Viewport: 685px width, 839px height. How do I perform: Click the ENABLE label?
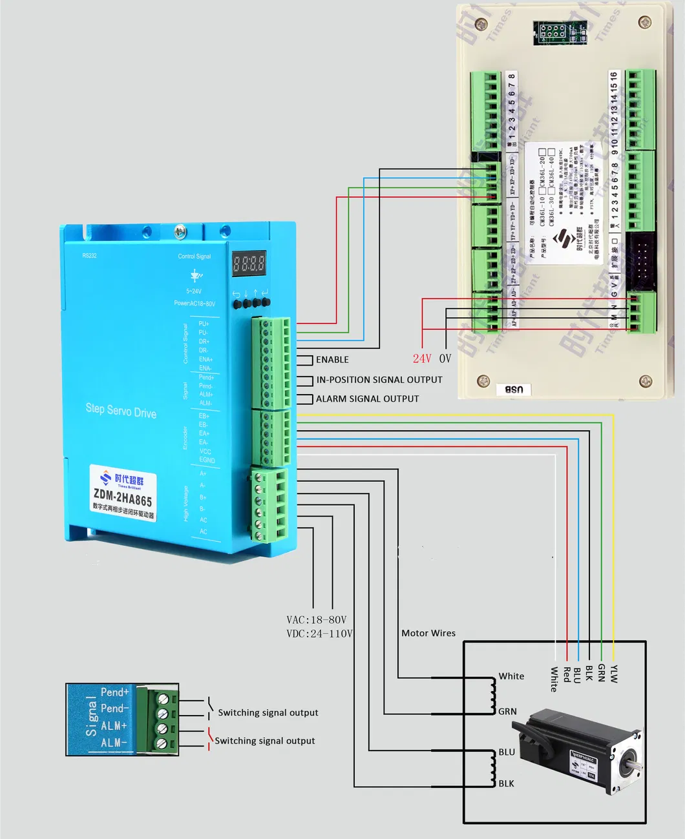pos(332,360)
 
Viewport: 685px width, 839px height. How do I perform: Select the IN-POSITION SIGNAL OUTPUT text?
pos(379,380)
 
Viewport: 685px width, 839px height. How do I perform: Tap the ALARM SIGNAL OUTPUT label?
pos(367,399)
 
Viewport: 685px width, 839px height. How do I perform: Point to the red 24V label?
pos(422,358)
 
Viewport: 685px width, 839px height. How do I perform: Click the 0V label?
pos(445,358)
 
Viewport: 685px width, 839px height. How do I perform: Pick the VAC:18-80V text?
pos(317,620)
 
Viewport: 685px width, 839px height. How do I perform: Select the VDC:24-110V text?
pos(319,634)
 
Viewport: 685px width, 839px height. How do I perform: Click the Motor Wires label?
pos(428,633)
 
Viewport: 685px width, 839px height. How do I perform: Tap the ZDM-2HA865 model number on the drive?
pos(123,497)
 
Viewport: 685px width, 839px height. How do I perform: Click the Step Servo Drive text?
pos(121,410)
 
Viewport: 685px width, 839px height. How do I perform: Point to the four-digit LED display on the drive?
pos(249,264)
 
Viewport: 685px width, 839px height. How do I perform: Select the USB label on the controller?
pos(514,389)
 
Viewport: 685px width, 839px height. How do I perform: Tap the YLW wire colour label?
pos(614,674)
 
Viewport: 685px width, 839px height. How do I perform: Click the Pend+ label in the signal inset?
pos(115,692)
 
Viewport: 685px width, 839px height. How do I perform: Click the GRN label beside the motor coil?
pos(507,712)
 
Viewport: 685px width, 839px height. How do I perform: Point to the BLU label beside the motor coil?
pos(507,752)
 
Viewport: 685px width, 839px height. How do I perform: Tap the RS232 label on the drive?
pos(89,256)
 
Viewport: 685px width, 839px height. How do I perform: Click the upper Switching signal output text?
pos(268,713)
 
